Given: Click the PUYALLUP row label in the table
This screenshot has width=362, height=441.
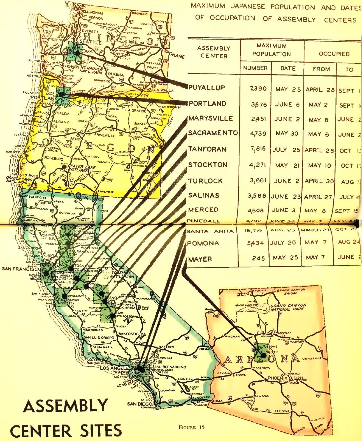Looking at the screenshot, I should [207, 88].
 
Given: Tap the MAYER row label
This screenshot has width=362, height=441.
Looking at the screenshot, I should [200, 259].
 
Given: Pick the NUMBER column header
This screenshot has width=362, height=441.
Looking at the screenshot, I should [255, 68].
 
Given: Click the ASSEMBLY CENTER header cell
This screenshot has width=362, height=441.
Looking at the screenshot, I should [214, 52].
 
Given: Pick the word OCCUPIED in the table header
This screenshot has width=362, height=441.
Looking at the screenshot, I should [334, 54].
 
